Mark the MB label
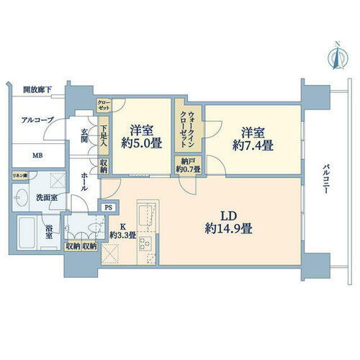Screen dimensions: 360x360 pyautogui.click(x=35, y=154)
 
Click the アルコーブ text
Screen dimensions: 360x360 pyautogui.click(x=37, y=120)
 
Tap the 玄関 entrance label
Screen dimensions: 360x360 pyautogui.click(x=84, y=135)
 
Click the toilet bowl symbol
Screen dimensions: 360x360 pyautogui.click(x=89, y=229)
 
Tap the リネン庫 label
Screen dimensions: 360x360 pyautogui.click(x=19, y=176)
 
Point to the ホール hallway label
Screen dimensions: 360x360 pyautogui.click(x=85, y=180)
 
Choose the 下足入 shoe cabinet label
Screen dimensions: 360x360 pyautogui.click(x=104, y=137)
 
